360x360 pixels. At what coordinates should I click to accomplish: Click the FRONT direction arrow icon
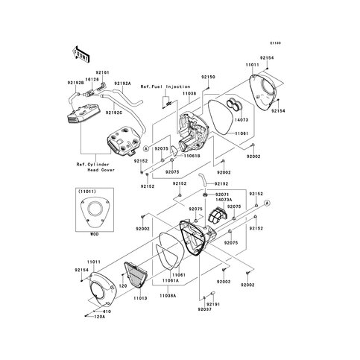point(80,54)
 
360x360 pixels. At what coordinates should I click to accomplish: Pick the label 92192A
point(123,83)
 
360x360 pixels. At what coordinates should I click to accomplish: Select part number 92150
point(207,77)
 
